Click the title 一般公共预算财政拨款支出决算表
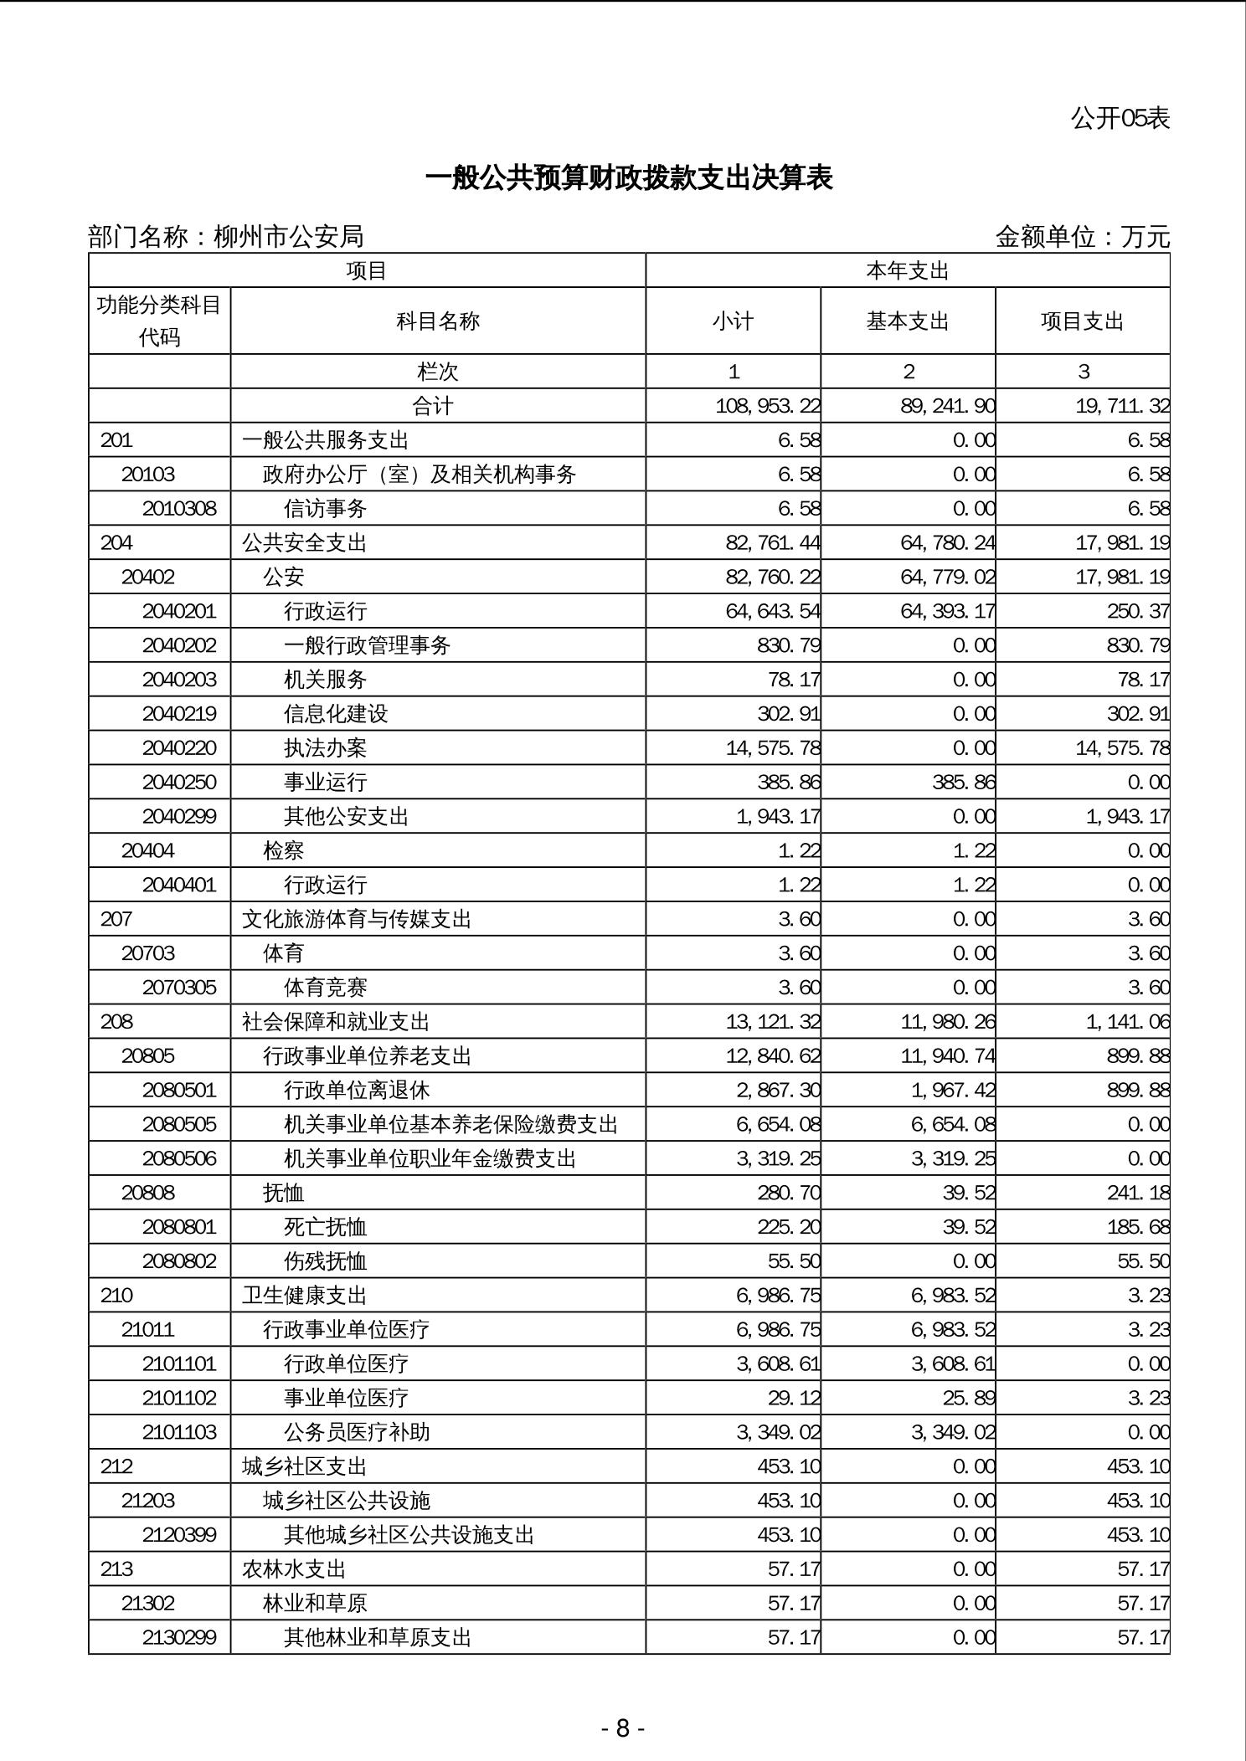coord(629,178)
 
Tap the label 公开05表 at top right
coord(1120,119)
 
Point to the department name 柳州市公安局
coord(289,237)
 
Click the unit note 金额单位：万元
coord(1082,237)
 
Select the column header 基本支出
coord(908,321)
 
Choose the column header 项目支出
coord(1082,321)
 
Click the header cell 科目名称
coord(438,321)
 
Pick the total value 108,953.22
coord(768,407)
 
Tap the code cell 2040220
coord(179,748)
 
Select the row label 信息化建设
coord(336,714)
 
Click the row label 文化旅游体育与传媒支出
coord(357,919)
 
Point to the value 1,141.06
coord(1128,1022)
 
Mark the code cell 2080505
coord(179,1124)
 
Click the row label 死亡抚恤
coord(325,1227)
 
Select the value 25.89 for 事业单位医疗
coord(969,1398)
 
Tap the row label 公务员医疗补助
coord(357,1432)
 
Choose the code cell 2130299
coord(179,1637)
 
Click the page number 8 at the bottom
coord(622,1728)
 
